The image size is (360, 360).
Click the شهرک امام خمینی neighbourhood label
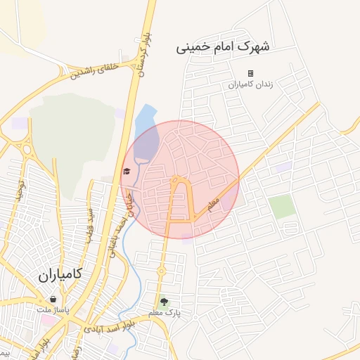click(222, 47)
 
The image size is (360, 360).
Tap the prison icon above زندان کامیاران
click(250, 73)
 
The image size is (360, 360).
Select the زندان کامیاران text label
click(250, 84)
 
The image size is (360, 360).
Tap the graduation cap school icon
click(127, 171)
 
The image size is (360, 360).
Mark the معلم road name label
click(213, 205)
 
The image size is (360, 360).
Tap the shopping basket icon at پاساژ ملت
click(53, 300)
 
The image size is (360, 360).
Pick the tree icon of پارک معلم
click(164, 302)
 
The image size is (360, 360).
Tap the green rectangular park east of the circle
click(282, 207)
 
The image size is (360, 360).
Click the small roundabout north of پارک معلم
click(160, 271)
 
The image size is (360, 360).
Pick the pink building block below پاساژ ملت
click(50, 320)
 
